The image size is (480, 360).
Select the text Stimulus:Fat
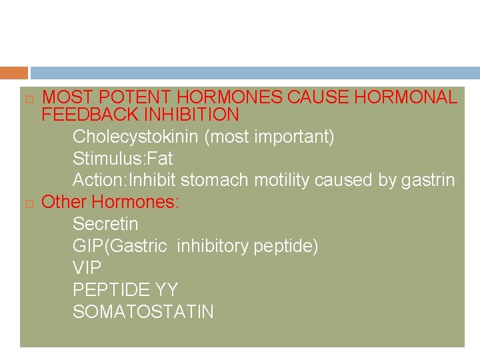pos(123,159)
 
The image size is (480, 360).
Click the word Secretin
pos(105,223)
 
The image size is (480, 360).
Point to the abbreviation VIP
pos(87,268)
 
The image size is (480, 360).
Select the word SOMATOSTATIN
pos(143,311)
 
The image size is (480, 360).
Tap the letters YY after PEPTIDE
pos(167,290)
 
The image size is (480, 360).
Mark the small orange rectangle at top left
pos(14,73)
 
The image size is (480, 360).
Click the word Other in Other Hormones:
pos(64,202)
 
